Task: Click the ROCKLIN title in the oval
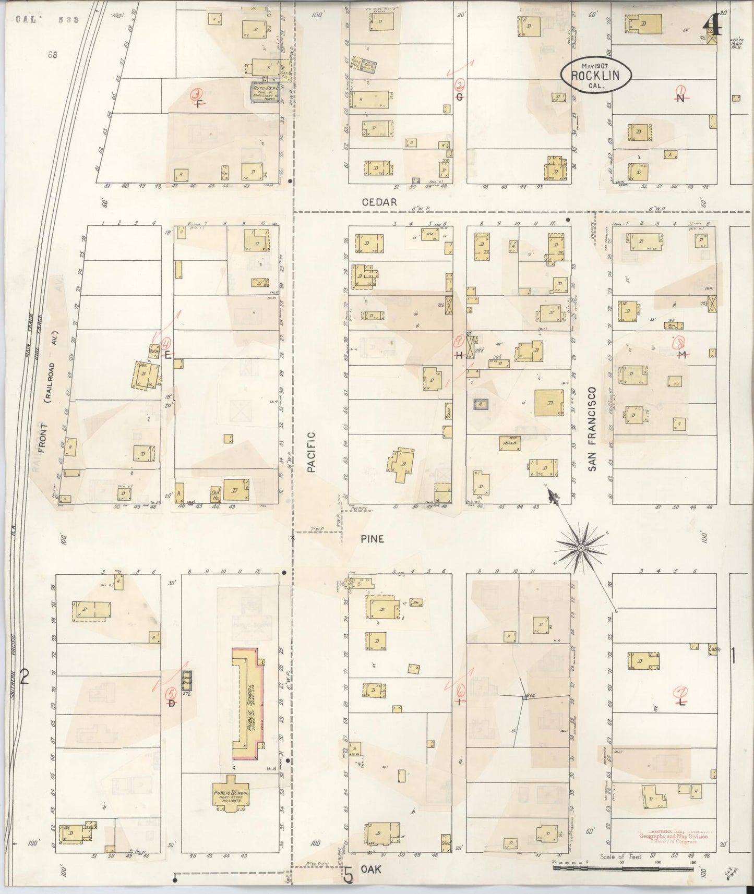pos(595,75)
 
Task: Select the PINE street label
pos(372,539)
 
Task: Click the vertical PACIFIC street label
pos(312,452)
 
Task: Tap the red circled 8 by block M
pos(679,343)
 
